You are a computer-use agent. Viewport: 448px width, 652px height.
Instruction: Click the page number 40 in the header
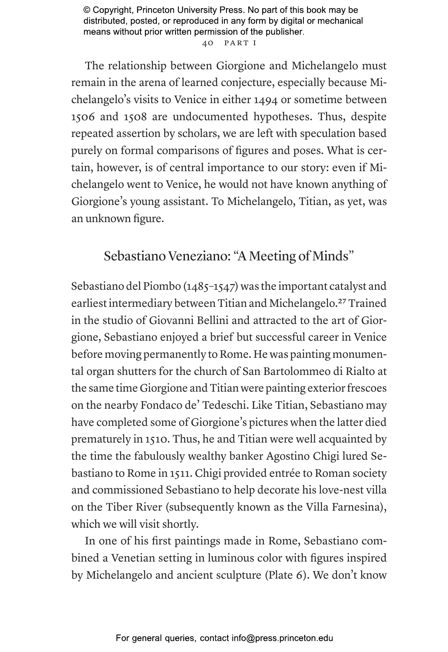tap(208, 43)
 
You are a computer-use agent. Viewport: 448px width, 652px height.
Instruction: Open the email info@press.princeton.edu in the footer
tap(282, 638)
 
